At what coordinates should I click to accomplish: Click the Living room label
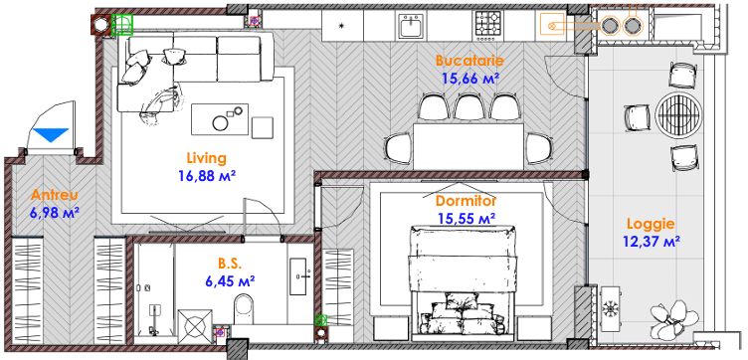tap(207, 158)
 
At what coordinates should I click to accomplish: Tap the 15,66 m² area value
tap(470, 78)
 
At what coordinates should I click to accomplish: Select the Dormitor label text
tap(467, 201)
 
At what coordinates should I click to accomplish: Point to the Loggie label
tap(651, 224)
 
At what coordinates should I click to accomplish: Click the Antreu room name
tap(55, 195)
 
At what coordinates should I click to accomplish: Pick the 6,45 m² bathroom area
tap(230, 280)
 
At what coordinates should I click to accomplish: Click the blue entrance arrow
tap(51, 135)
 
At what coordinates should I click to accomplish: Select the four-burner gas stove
tap(488, 25)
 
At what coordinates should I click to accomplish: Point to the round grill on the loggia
tap(678, 114)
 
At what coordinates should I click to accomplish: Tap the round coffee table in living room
tap(221, 123)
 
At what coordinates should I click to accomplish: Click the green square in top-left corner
tap(122, 24)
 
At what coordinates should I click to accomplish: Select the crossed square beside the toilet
tap(195, 326)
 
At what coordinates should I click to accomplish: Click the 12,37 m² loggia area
tap(652, 242)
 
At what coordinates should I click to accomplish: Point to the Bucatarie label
tap(469, 61)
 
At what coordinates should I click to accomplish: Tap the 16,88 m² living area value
tap(208, 176)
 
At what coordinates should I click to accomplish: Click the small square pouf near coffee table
tap(263, 127)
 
